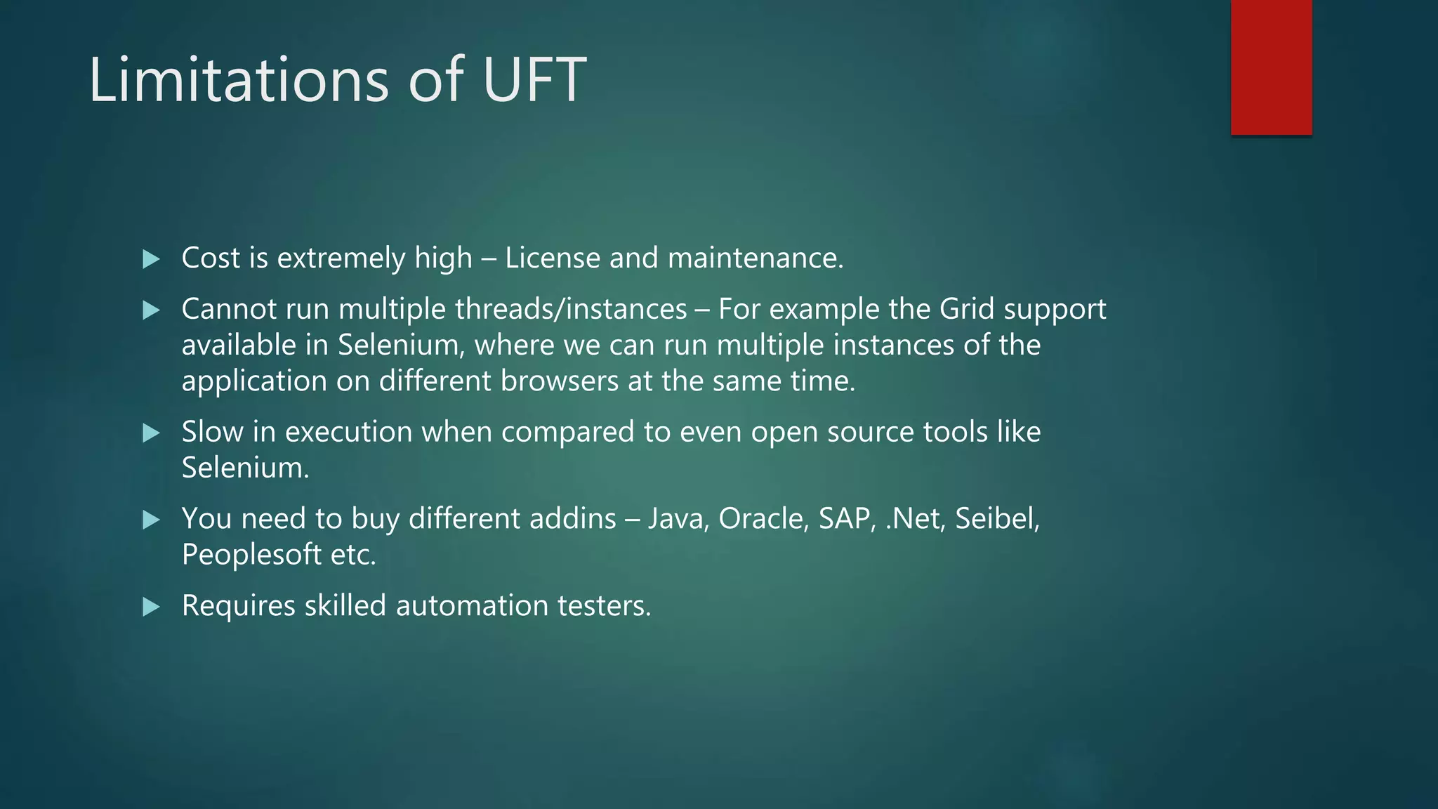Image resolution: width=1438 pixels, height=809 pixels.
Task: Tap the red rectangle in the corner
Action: click(1271, 67)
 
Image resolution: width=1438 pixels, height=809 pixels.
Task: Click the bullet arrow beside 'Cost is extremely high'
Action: click(151, 259)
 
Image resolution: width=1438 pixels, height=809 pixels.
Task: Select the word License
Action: click(553, 258)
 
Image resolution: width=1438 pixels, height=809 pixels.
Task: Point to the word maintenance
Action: click(756, 258)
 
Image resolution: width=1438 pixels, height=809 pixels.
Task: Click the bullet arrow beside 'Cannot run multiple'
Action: click(151, 310)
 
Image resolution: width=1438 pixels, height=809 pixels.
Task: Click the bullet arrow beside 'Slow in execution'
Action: click(151, 433)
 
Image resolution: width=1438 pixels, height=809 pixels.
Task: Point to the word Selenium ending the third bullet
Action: click(245, 468)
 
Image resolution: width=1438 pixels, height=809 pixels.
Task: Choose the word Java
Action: click(678, 518)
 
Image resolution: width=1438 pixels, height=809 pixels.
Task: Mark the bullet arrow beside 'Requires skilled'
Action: click(151, 607)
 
